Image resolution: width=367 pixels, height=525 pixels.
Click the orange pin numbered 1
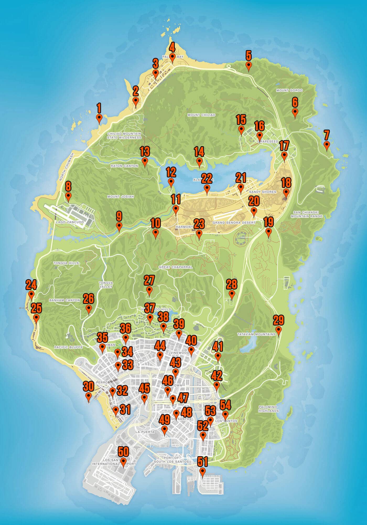point(99,118)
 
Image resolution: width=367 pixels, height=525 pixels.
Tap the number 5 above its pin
point(249,55)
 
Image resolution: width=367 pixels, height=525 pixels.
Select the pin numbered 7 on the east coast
point(326,145)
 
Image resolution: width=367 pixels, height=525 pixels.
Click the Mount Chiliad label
point(201,115)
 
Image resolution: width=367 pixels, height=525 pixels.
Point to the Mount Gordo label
point(289,90)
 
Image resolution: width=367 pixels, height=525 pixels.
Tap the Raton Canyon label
point(124,166)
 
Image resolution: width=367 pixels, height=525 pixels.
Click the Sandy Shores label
point(263,192)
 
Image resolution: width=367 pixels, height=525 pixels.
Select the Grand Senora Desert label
point(234,223)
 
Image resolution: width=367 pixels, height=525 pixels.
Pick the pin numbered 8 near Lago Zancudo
point(68,196)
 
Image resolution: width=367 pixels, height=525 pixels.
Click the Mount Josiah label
point(121,197)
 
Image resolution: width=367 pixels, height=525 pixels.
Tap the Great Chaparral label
point(175,267)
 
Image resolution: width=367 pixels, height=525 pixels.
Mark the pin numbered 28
point(232,294)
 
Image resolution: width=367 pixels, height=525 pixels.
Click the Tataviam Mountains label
point(256,334)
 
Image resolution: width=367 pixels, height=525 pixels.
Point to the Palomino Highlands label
point(268,409)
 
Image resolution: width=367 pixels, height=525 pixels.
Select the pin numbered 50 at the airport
point(123,461)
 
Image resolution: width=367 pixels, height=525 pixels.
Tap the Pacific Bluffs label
point(68,347)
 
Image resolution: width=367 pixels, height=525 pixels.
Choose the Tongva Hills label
point(66,263)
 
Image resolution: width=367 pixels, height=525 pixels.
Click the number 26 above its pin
point(89,299)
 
